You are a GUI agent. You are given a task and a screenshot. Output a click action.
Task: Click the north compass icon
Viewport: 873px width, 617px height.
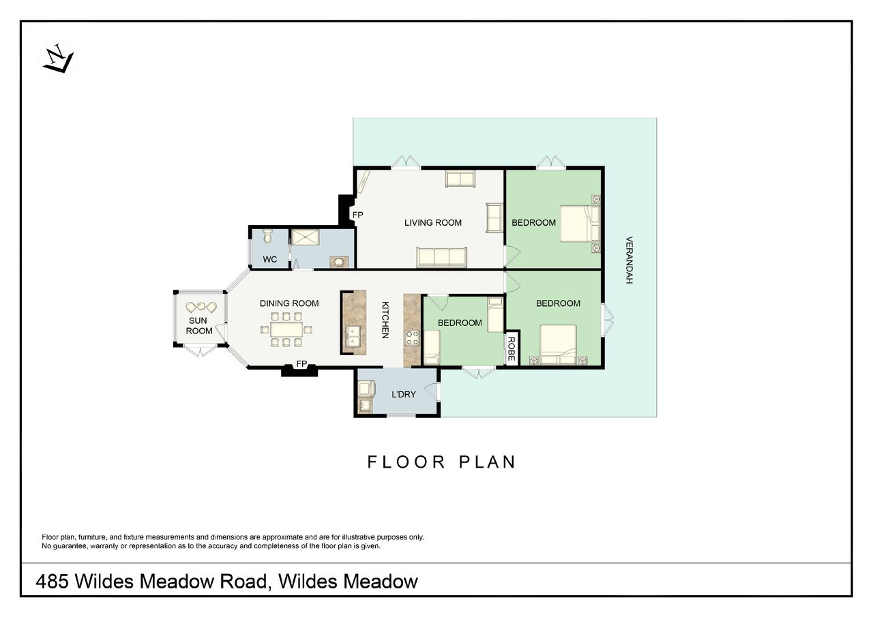coord(58,59)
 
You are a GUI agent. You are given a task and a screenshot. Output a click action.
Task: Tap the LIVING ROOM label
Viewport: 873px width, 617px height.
coord(432,222)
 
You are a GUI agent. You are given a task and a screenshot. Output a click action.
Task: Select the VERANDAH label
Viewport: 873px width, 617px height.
coord(629,260)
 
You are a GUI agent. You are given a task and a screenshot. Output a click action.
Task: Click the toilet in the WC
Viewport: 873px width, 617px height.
coord(267,236)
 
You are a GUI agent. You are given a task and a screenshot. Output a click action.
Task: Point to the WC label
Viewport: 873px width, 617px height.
coord(269,260)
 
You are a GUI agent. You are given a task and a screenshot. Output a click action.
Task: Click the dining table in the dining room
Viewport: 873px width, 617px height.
coord(287,329)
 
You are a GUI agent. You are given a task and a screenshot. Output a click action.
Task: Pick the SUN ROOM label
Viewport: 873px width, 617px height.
coord(198,326)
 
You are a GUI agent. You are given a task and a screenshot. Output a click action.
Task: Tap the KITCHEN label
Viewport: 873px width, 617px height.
coord(385,320)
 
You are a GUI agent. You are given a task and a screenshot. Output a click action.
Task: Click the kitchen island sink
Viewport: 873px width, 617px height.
coord(353,337)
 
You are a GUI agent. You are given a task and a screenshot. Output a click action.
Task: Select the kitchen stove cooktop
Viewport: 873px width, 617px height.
coord(412,337)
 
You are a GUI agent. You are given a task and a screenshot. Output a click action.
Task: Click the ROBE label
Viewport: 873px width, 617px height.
coord(512,349)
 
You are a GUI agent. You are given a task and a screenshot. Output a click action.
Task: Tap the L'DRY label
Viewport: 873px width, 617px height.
coord(403,395)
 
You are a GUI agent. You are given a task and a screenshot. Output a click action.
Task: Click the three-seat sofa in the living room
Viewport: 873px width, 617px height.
coord(441,257)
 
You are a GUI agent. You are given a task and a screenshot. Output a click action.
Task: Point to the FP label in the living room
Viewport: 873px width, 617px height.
coord(357,215)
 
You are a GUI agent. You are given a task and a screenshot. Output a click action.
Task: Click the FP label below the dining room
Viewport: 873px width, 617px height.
coord(301,364)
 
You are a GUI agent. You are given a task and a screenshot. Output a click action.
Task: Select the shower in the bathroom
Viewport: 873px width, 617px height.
coord(305,237)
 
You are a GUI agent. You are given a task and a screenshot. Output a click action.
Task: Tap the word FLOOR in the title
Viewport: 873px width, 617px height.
coord(406,462)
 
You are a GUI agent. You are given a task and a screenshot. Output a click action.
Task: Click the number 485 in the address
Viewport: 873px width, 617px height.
coord(53,582)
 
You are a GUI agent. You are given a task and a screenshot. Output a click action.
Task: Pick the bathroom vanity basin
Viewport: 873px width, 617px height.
coord(339,262)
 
